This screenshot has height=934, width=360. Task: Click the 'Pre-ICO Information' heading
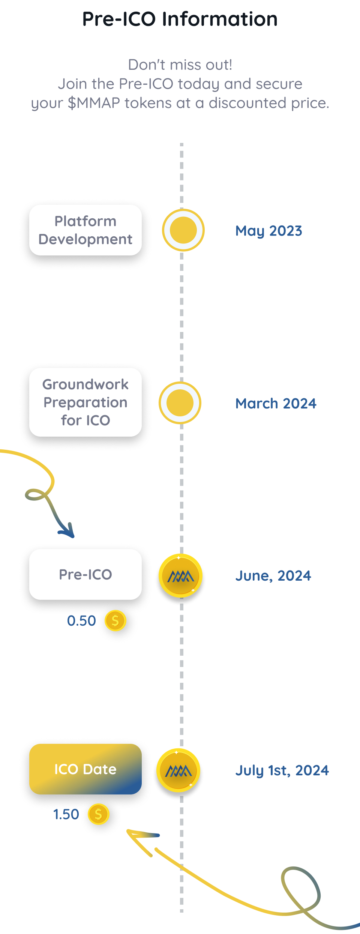coord(180,19)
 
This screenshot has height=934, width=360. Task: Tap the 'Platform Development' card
coord(85,230)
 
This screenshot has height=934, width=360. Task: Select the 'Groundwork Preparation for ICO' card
coord(85,402)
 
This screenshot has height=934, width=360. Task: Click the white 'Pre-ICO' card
coord(85,574)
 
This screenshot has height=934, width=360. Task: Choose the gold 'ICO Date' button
coord(85,769)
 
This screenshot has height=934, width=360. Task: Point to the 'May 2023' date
coord(268,231)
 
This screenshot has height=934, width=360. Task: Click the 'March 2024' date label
coord(276,404)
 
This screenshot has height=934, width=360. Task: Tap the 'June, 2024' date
coord(273,576)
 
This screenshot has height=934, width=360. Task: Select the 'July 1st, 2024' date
coord(282,770)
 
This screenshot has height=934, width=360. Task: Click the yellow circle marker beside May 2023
coord(183,230)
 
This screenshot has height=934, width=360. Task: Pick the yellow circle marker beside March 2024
coord(180,403)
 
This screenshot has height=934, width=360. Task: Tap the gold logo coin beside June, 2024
coord(180,575)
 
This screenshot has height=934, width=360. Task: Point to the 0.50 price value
coord(81,621)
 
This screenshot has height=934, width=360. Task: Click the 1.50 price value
coord(66,814)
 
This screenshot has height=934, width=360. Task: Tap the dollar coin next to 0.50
coord(115,621)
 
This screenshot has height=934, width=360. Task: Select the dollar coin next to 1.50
coord(98,814)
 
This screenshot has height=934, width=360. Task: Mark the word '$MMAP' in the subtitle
coord(94,103)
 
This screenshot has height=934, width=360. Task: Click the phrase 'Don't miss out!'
coord(180,65)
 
